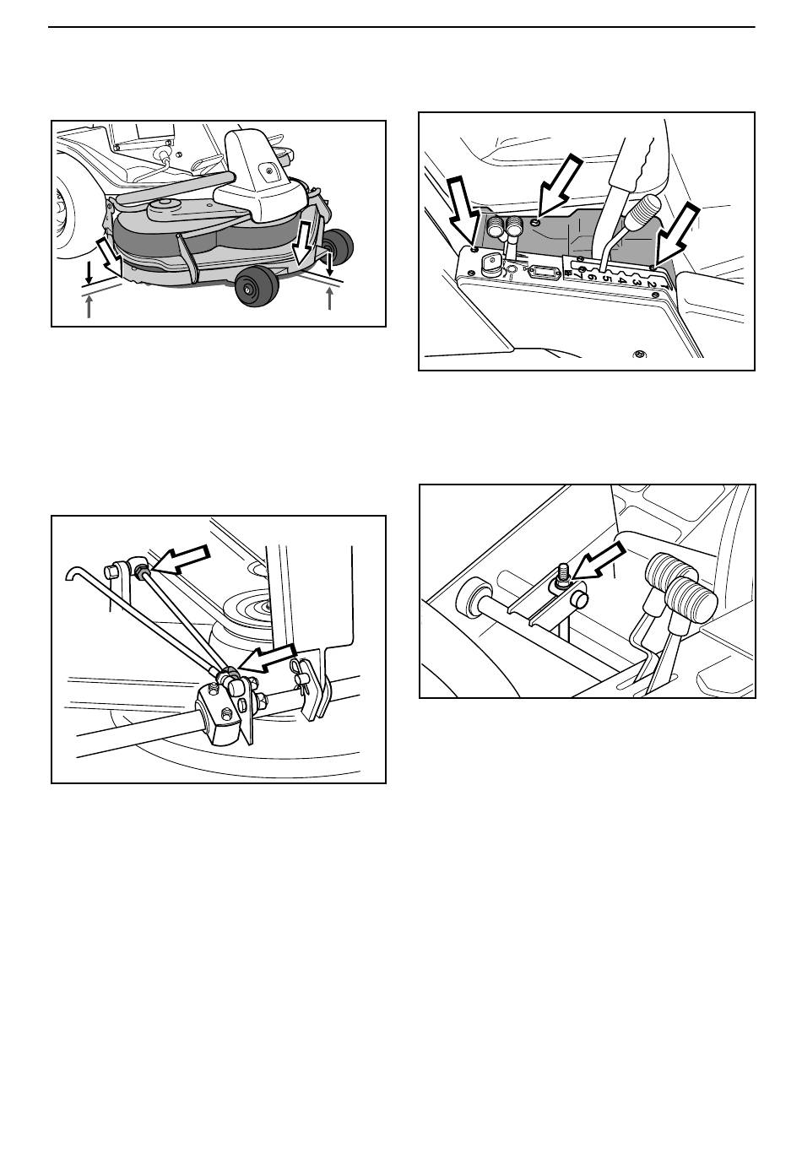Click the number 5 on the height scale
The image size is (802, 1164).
[x=605, y=278]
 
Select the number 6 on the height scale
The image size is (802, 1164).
[x=591, y=275]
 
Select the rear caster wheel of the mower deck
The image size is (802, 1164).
[x=338, y=246]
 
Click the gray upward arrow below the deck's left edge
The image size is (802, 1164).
[x=89, y=306]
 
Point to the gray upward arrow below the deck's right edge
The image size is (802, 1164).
[x=329, y=299]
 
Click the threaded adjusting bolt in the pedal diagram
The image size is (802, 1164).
[x=562, y=574]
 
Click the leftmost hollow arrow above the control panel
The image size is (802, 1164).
[x=463, y=212]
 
